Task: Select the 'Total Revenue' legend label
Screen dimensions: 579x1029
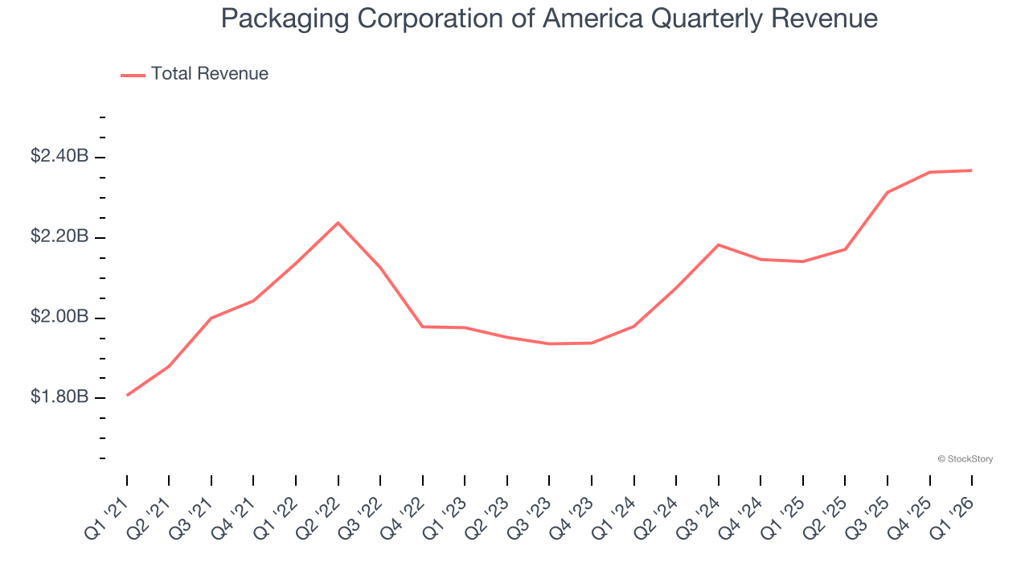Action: tap(209, 74)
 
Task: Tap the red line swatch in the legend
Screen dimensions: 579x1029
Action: tap(133, 75)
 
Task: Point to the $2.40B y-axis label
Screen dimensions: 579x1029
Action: tap(59, 157)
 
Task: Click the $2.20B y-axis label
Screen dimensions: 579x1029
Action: tap(59, 237)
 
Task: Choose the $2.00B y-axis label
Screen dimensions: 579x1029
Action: tap(59, 318)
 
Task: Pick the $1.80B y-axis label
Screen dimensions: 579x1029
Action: tap(59, 398)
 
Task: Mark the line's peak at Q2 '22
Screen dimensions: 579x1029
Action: tap(338, 223)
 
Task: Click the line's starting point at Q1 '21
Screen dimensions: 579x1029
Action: tap(127, 395)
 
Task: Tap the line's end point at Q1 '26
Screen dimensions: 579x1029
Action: tap(971, 170)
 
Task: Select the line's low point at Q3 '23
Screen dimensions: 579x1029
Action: tap(549, 343)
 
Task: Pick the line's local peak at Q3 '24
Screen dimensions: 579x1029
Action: tap(718, 244)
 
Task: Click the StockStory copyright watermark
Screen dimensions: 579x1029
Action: tap(965, 459)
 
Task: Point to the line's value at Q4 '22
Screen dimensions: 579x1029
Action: tap(423, 326)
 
